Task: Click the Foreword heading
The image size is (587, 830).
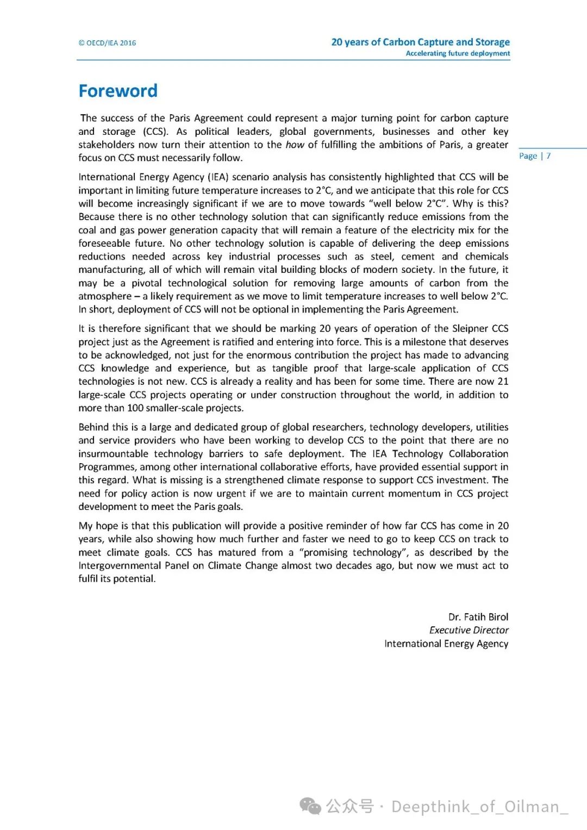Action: click(118, 91)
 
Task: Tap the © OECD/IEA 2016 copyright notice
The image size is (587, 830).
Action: click(107, 43)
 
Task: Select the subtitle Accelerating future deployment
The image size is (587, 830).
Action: click(458, 53)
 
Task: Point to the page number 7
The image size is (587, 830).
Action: click(548, 156)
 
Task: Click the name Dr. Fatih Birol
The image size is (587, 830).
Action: click(478, 617)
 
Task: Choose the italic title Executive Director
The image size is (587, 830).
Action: click(469, 630)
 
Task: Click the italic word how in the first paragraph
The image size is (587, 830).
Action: click(295, 145)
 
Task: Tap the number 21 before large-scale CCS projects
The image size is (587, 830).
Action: click(503, 382)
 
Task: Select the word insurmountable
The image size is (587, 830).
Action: click(113, 454)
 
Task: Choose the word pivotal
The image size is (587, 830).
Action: click(146, 283)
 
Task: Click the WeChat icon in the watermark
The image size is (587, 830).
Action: click(311, 806)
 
